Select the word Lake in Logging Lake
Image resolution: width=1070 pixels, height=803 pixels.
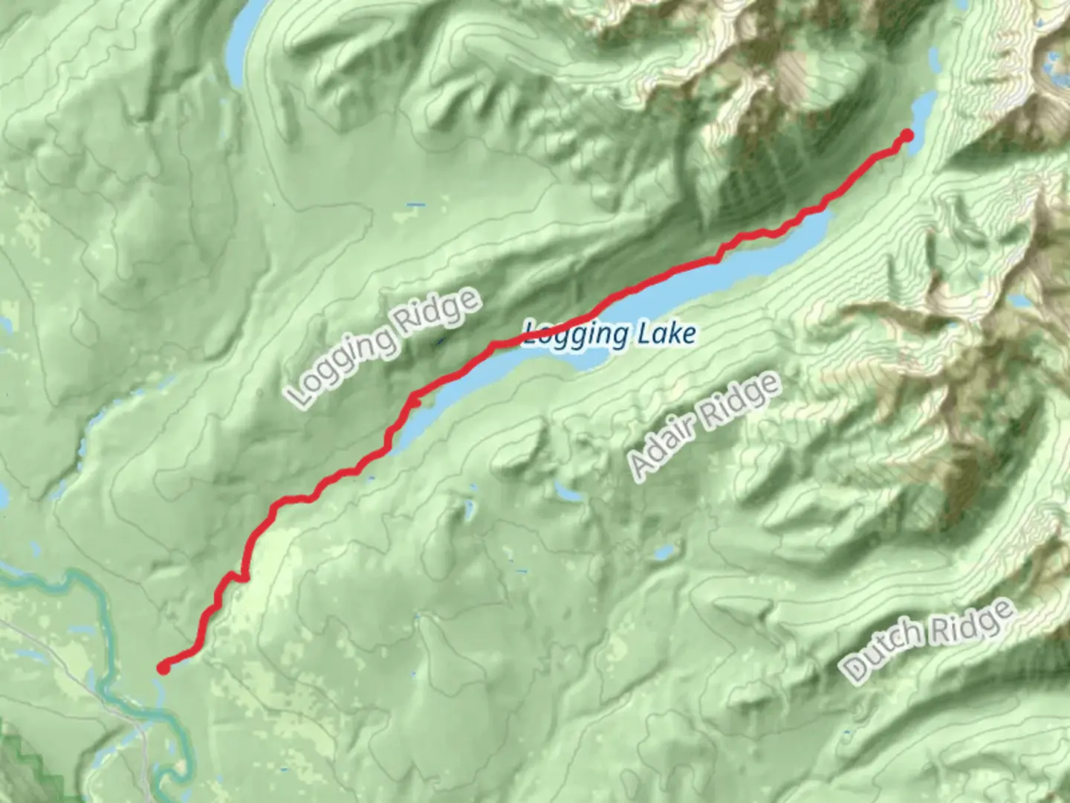point(666,334)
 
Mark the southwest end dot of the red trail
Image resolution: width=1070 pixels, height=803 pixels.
point(163,668)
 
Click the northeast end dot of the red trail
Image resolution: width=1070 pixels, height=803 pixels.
point(907,135)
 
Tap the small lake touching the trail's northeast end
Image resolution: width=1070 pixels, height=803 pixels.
point(921,112)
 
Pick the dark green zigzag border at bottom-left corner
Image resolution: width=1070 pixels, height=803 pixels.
point(30,758)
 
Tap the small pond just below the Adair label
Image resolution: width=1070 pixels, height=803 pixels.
point(569,494)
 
